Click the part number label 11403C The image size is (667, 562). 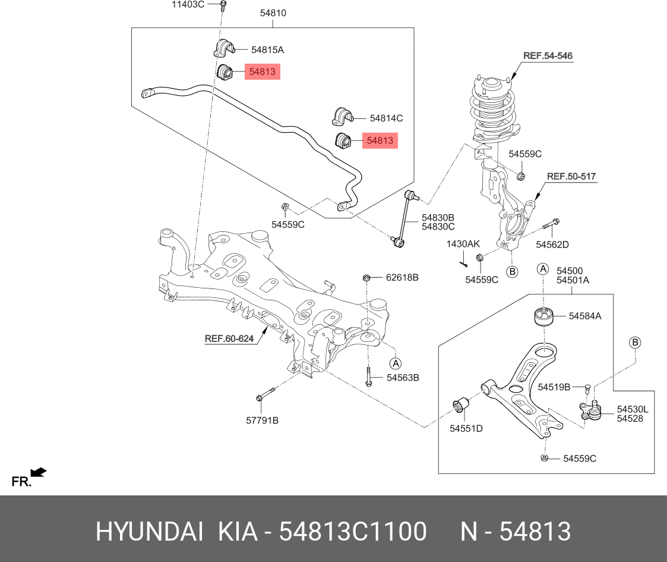pos(188,5)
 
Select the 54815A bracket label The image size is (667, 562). pos(267,50)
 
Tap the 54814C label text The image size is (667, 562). pos(386,118)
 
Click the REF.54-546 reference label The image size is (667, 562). pos(548,56)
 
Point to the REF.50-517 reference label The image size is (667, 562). pos(571,177)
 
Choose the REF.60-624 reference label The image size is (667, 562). pos(229,339)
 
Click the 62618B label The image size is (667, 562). pos(402,277)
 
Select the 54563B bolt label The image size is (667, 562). pos(403,377)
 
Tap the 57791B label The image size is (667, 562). pos(262,420)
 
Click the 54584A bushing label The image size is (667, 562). pos(584,316)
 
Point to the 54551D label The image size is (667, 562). pos(466,428)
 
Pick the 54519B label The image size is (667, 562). pos(554,387)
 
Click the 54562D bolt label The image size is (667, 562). pos(552,244)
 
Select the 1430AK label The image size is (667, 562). pos(463,244)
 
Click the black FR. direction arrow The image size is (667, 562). pos(39,473)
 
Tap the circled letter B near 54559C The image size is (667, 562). pos(512,272)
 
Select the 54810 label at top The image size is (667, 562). pos(273,12)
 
